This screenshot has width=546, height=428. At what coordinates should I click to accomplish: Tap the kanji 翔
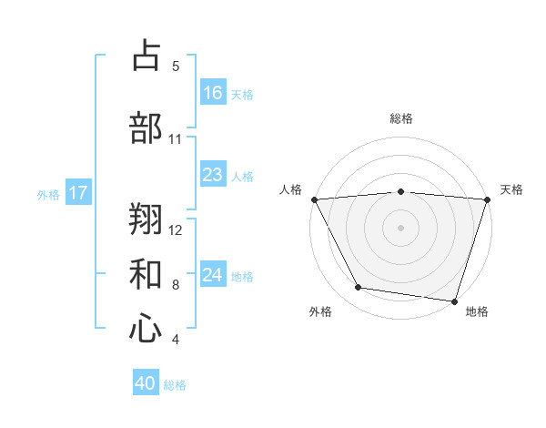(x=146, y=219)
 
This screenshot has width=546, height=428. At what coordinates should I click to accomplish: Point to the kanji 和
(x=146, y=273)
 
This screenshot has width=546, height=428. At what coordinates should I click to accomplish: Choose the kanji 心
(x=146, y=328)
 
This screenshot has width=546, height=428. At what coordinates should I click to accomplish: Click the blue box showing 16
(x=213, y=93)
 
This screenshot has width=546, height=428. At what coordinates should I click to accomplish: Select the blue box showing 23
(x=213, y=175)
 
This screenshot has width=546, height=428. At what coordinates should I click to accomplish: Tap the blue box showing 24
(x=213, y=275)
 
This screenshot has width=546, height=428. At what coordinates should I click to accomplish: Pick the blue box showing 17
(x=78, y=193)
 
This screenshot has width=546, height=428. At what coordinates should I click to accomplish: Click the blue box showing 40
(x=146, y=383)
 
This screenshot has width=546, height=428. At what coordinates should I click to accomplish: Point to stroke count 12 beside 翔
(x=177, y=229)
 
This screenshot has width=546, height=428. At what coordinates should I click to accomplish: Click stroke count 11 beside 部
(x=176, y=139)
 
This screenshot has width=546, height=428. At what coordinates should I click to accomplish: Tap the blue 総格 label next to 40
(x=175, y=385)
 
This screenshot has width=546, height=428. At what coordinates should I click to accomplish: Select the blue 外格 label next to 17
(x=47, y=194)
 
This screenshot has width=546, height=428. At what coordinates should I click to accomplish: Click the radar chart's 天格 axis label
(x=512, y=189)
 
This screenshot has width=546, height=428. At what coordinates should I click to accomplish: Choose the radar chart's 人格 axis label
(x=291, y=189)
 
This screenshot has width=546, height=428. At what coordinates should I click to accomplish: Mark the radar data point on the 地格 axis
(x=454, y=301)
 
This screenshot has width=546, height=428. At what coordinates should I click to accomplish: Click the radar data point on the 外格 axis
(x=359, y=288)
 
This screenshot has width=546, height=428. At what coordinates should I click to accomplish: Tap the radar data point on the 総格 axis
(x=401, y=191)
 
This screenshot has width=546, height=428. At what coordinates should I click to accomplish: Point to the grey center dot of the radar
(x=401, y=228)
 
